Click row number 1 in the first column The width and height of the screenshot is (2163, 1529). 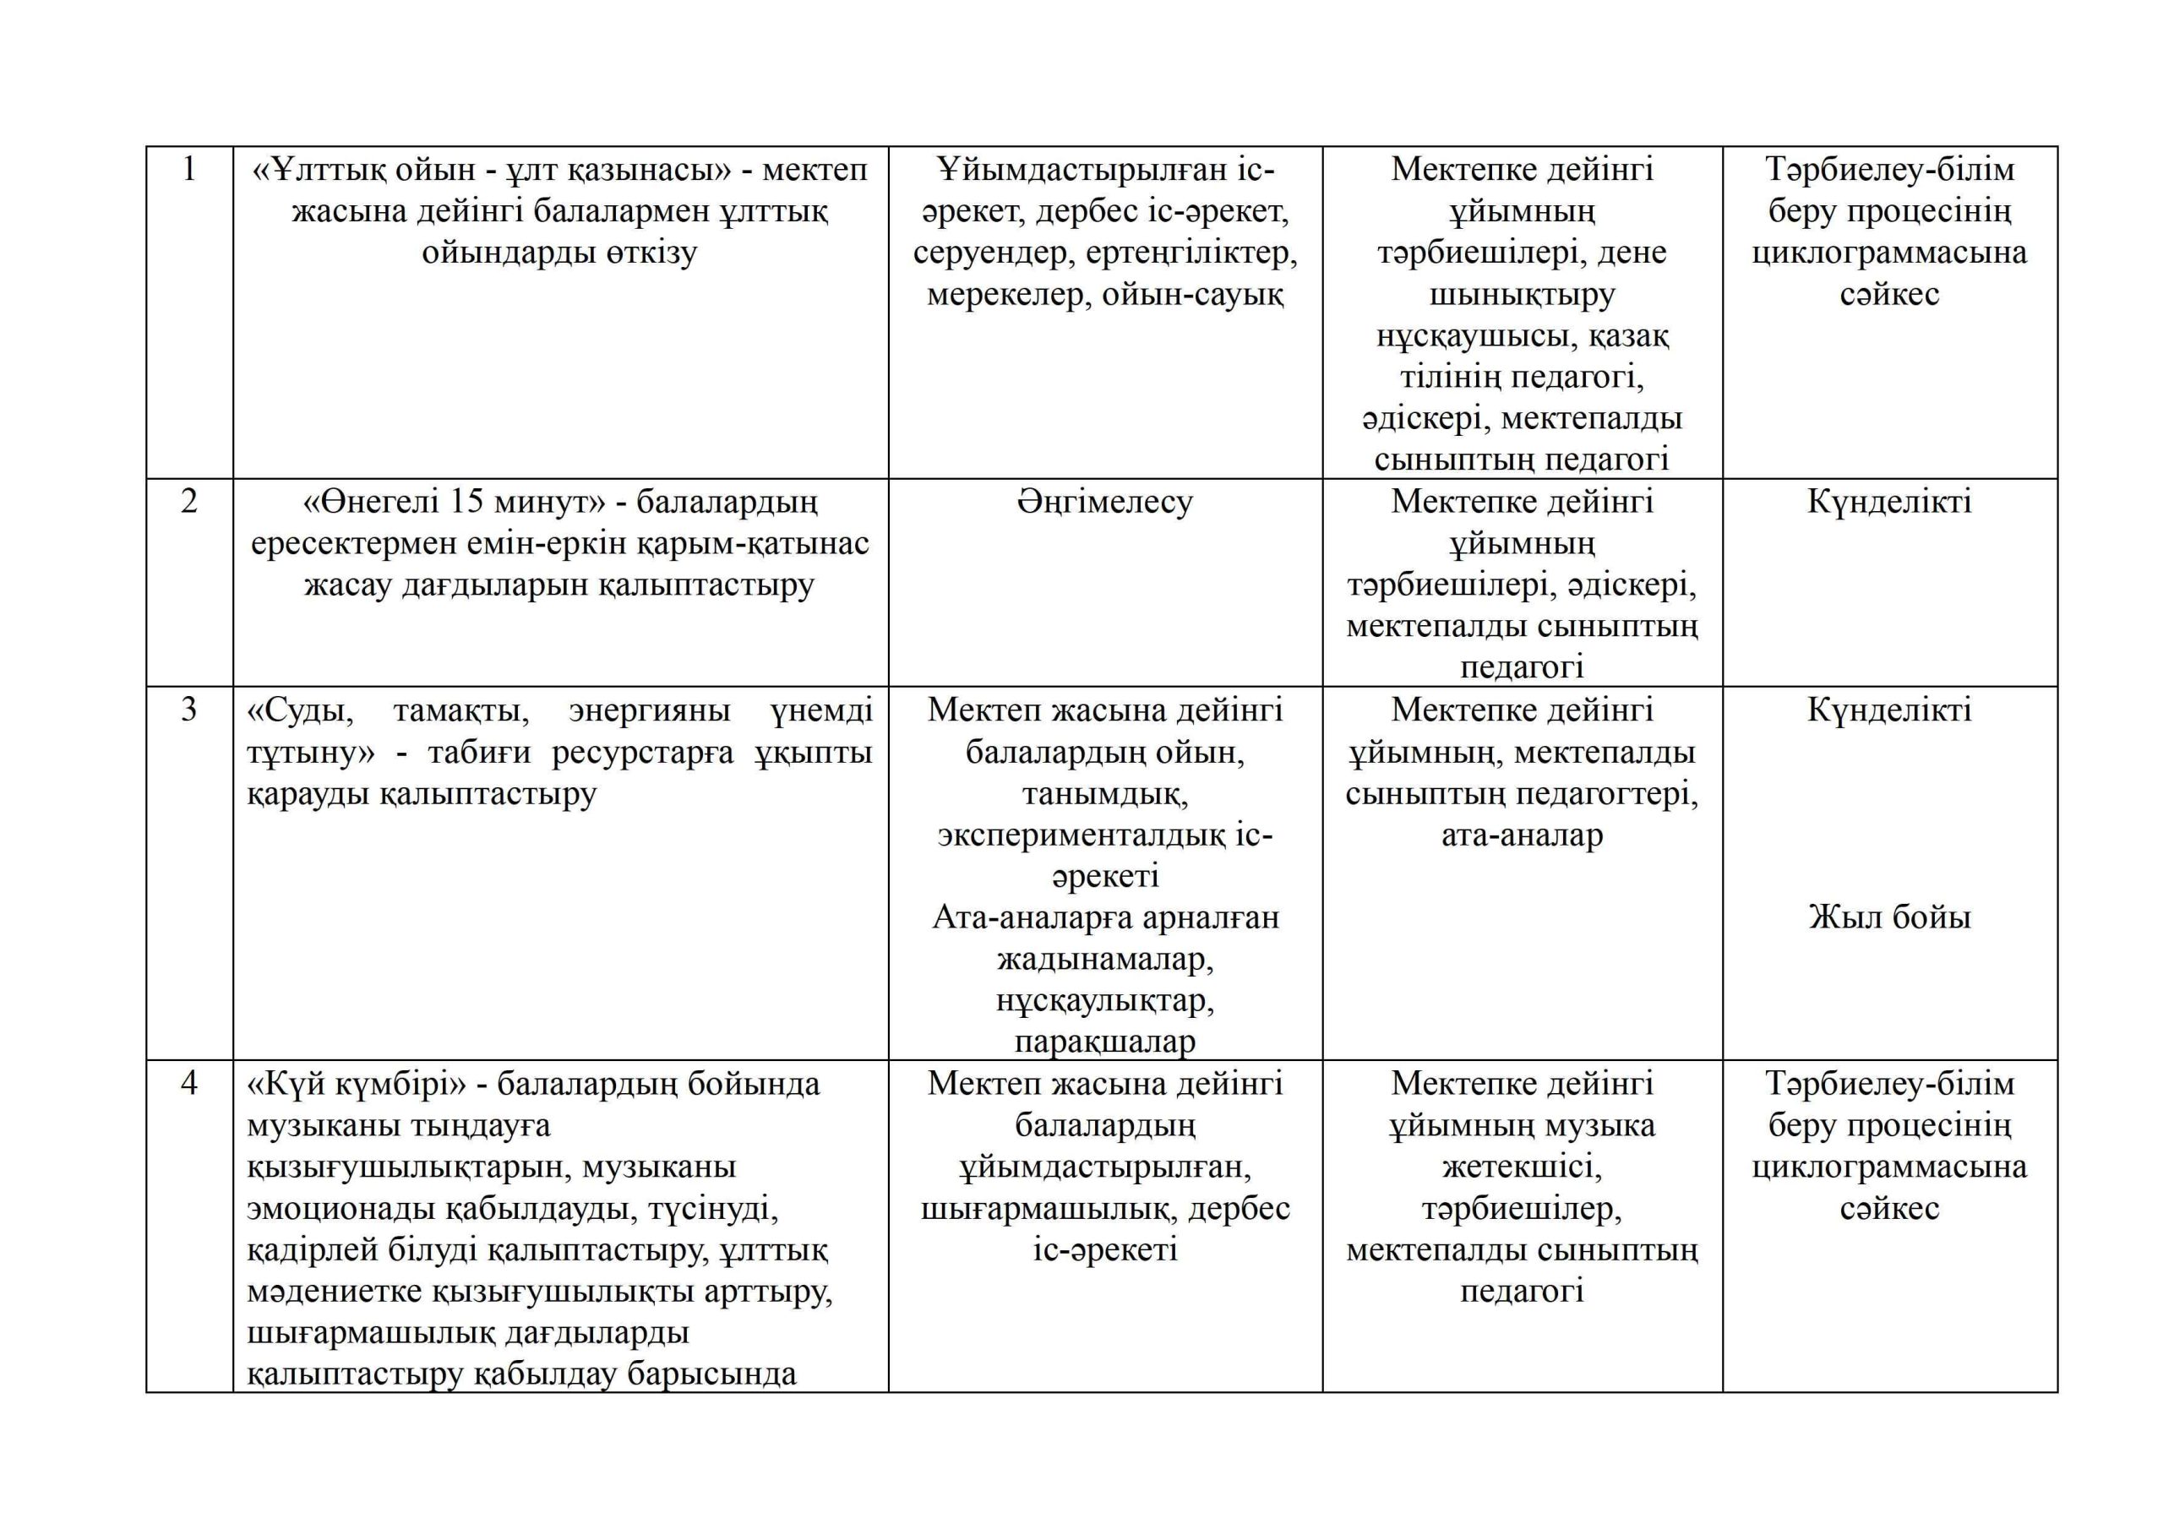tap(189, 170)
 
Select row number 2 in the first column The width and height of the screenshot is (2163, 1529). tap(189, 501)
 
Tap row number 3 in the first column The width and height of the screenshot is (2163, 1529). tap(189, 710)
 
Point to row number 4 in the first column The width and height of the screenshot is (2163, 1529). tap(189, 1084)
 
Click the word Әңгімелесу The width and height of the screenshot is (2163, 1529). tap(1104, 501)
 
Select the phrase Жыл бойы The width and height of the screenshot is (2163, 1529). tap(1889, 917)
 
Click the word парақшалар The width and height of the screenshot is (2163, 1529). tap(1104, 1042)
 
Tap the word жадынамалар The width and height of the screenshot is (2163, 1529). tap(1104, 959)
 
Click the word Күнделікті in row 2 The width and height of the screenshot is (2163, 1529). tap(1889, 501)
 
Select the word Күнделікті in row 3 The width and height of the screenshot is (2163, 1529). tap(1889, 710)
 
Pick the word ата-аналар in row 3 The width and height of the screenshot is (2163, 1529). tap(1522, 835)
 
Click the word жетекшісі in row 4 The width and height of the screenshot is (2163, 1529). tap(1522, 1167)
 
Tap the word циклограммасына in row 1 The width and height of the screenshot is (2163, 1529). tap(1889, 253)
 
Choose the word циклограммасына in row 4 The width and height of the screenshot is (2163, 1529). tap(1889, 1167)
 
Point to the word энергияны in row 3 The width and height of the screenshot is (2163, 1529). tap(649, 710)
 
